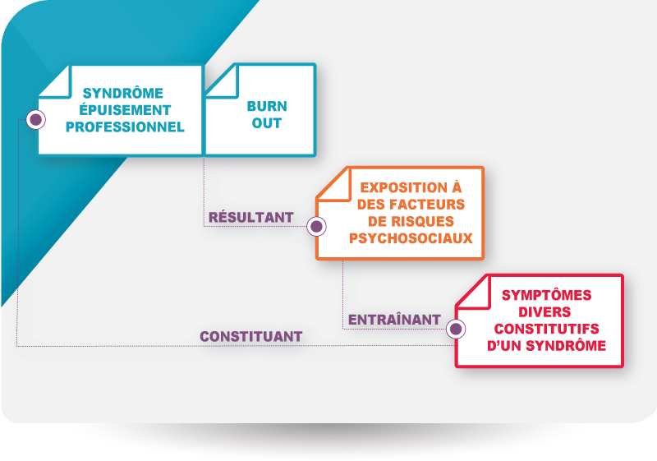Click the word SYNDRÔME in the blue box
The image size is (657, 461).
click(122, 93)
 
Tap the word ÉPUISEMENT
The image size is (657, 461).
click(125, 110)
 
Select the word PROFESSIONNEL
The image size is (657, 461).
click(125, 127)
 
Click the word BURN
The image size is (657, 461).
click(267, 107)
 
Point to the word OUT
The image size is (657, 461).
click(267, 123)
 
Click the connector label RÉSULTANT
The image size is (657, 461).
click(251, 217)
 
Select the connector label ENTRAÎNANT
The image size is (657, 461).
click(394, 320)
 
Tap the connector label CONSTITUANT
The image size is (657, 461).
click(251, 337)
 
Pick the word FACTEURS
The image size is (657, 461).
click(427, 204)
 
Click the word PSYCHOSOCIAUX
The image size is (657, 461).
click(411, 238)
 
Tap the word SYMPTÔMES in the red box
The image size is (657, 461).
click(546, 295)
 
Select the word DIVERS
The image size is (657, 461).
click(544, 311)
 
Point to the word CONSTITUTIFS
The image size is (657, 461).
click(546, 329)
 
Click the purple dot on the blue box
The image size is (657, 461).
click(36, 119)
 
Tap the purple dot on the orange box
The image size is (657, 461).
click(316, 226)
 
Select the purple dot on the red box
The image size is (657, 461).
click(456, 329)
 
